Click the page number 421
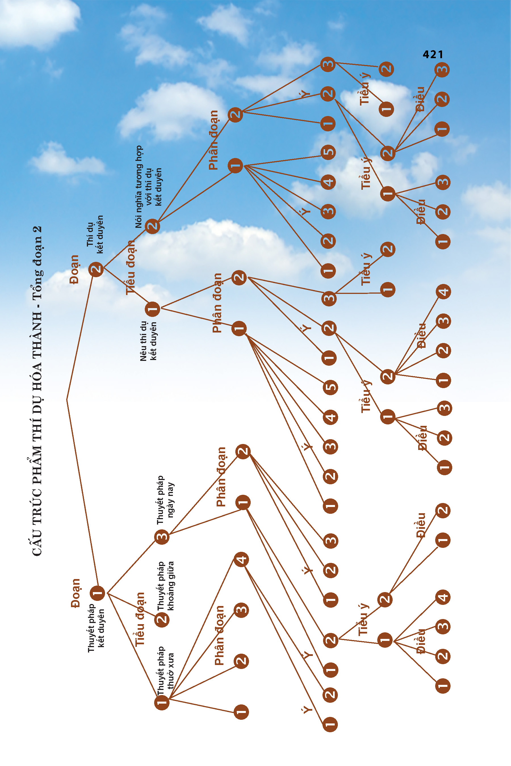pos(433,54)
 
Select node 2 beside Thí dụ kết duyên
pos(96,269)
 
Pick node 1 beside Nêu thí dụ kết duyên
pos(152,309)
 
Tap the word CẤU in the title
pos(37,547)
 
